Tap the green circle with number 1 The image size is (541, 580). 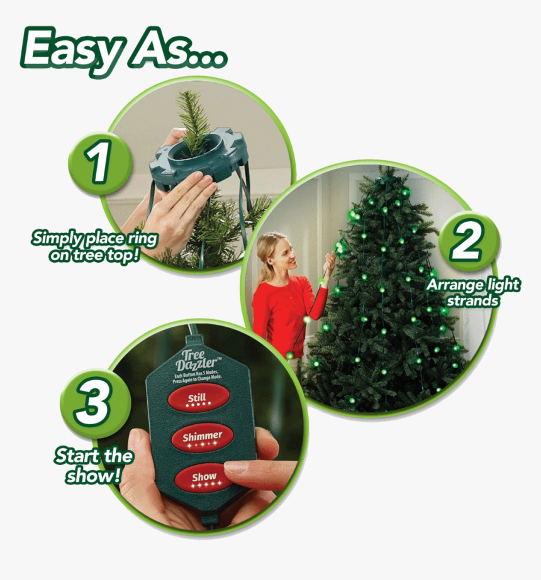100,162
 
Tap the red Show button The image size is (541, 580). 203,478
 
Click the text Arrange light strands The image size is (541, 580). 473,292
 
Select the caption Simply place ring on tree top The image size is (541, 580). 94,246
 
